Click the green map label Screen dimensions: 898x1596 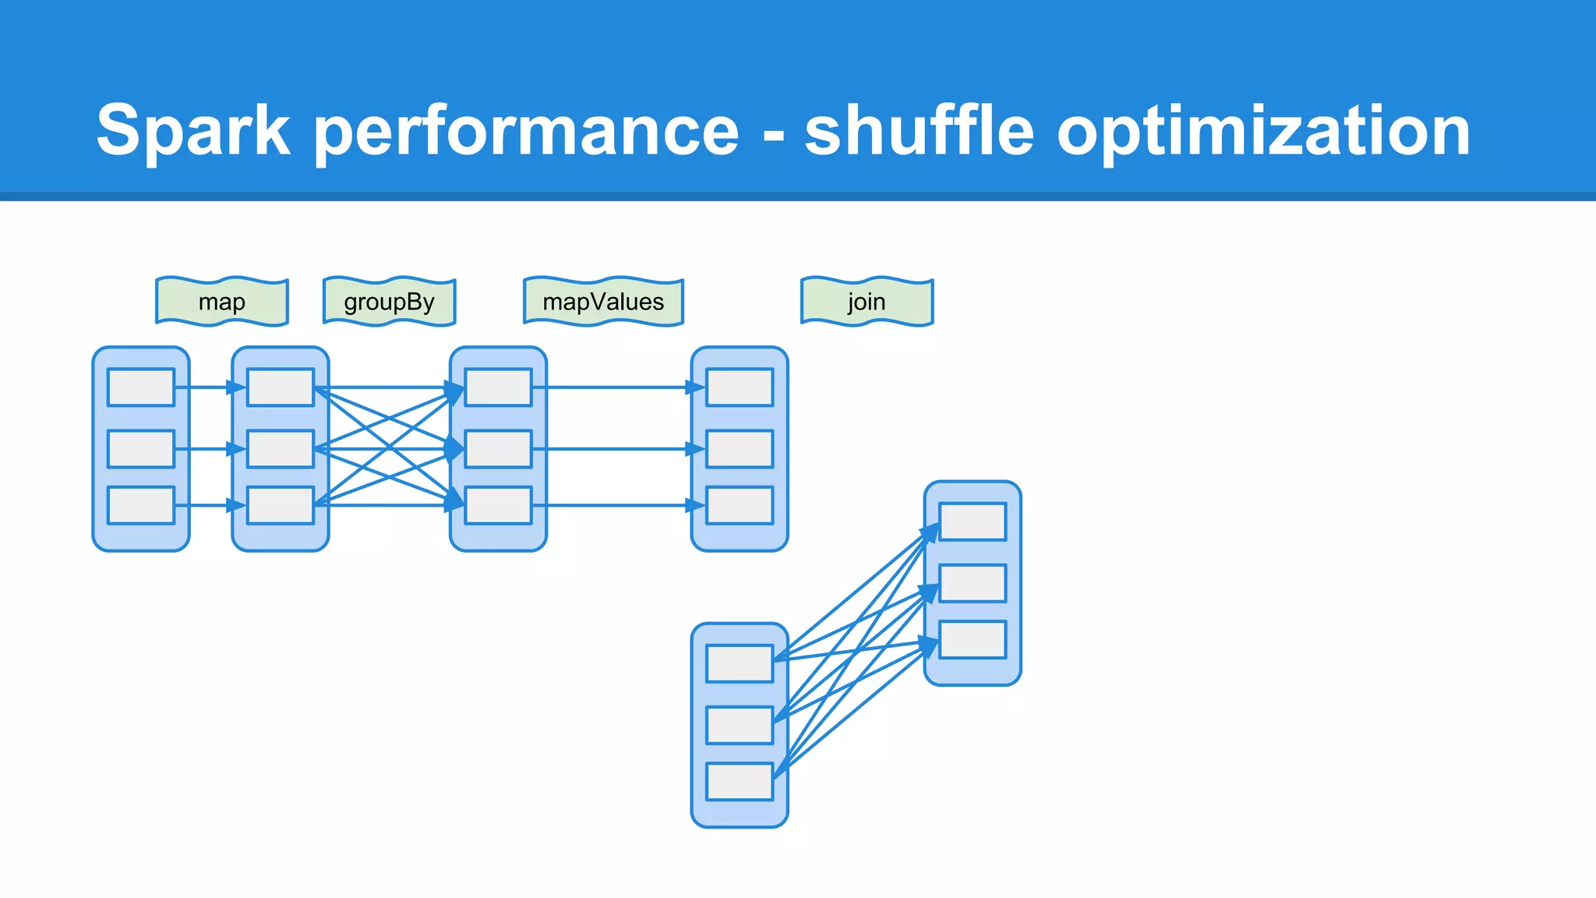click(221, 302)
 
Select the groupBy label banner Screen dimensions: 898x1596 click(389, 302)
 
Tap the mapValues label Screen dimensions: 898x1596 click(603, 302)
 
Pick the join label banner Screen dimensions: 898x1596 click(867, 302)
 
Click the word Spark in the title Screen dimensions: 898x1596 click(193, 131)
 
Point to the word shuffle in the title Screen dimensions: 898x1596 click(919, 131)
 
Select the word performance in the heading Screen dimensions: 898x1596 click(526, 131)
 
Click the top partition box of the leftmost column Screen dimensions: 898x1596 click(141, 387)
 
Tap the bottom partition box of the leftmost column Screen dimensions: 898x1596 click(141, 505)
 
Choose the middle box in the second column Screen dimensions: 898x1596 click(281, 449)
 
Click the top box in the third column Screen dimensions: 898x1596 click(499, 387)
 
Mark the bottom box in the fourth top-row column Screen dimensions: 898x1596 click(740, 505)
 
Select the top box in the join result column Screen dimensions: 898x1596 click(973, 521)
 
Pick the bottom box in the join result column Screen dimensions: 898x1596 click(973, 639)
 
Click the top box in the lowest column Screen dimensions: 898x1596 click(740, 663)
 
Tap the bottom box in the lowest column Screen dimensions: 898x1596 click(740, 781)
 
